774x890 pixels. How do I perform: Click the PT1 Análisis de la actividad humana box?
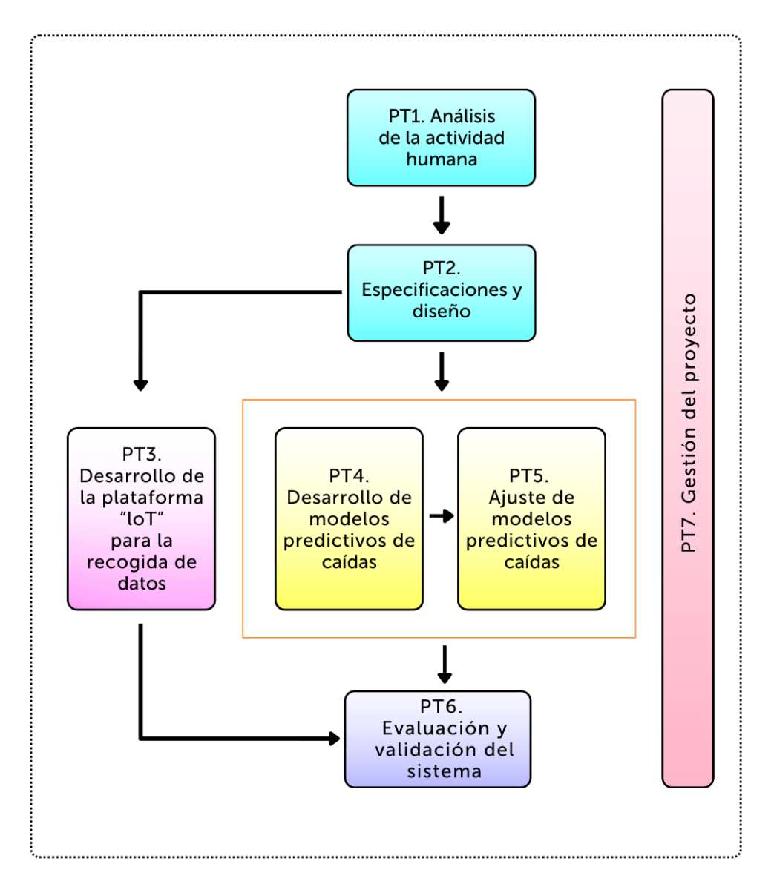(441, 138)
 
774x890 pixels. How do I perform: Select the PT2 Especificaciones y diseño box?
(441, 293)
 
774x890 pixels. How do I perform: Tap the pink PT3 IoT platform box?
(141, 519)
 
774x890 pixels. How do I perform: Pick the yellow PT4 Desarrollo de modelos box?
(349, 519)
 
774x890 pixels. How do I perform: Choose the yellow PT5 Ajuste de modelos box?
(531, 519)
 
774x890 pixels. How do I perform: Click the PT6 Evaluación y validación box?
(438, 739)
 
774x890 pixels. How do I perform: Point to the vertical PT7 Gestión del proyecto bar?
(688, 438)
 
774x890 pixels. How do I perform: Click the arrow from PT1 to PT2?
(442, 215)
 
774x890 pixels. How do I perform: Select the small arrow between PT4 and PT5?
(442, 516)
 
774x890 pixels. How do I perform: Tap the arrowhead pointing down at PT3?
(140, 384)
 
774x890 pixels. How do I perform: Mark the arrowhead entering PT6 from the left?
(334, 739)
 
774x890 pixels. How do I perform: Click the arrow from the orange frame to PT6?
(445, 665)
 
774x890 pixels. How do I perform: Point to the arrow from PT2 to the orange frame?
(442, 371)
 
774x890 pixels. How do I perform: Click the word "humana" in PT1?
(441, 159)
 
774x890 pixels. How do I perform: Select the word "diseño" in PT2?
(441, 311)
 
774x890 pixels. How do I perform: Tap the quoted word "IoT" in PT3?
(141, 519)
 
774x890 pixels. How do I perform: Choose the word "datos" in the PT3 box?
(141, 584)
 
